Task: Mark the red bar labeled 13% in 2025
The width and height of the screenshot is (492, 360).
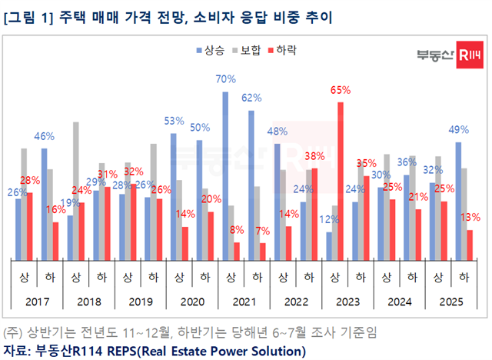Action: pos(469,245)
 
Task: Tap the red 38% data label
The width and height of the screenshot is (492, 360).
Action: pos(314,156)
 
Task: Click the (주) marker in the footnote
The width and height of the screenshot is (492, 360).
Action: pos(12,334)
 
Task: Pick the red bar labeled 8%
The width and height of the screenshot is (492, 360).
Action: pos(237,252)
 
